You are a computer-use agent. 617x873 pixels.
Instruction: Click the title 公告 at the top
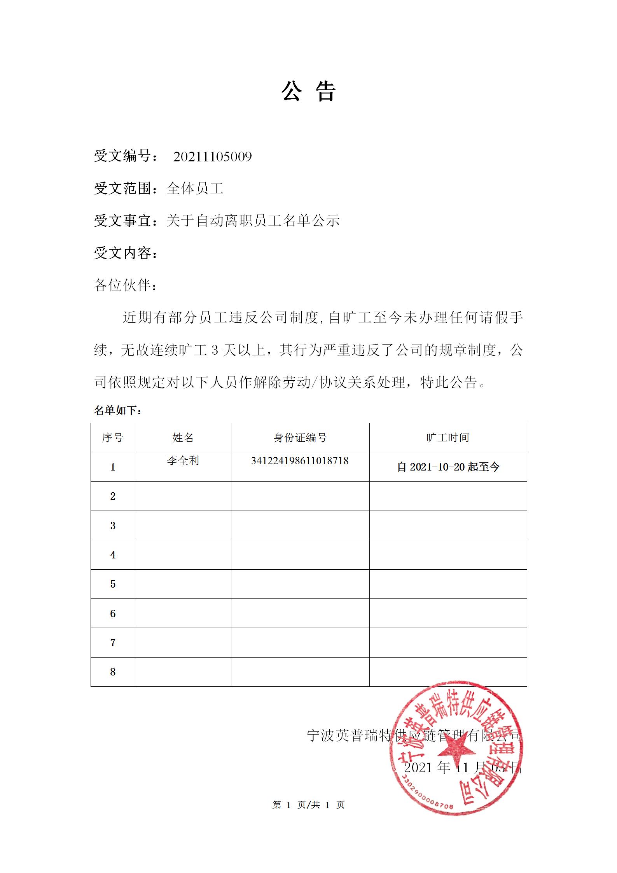click(308, 92)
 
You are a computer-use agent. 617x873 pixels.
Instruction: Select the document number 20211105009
click(212, 157)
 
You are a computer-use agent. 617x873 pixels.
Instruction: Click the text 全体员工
click(195, 189)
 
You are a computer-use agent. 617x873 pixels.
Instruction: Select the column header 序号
click(113, 437)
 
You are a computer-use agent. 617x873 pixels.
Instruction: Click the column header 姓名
click(183, 437)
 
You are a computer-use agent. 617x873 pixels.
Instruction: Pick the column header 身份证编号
click(300, 437)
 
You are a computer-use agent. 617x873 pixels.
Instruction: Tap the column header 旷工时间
click(447, 437)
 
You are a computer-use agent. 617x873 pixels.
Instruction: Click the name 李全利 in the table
click(183, 461)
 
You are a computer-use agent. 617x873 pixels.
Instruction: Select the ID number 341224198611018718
click(300, 461)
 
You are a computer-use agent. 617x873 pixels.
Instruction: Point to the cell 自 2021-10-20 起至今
click(448, 467)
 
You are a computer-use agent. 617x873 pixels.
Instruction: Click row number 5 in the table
click(113, 584)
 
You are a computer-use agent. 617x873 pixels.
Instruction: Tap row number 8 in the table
click(113, 672)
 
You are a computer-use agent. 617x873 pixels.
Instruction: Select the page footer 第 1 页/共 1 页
click(308, 805)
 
